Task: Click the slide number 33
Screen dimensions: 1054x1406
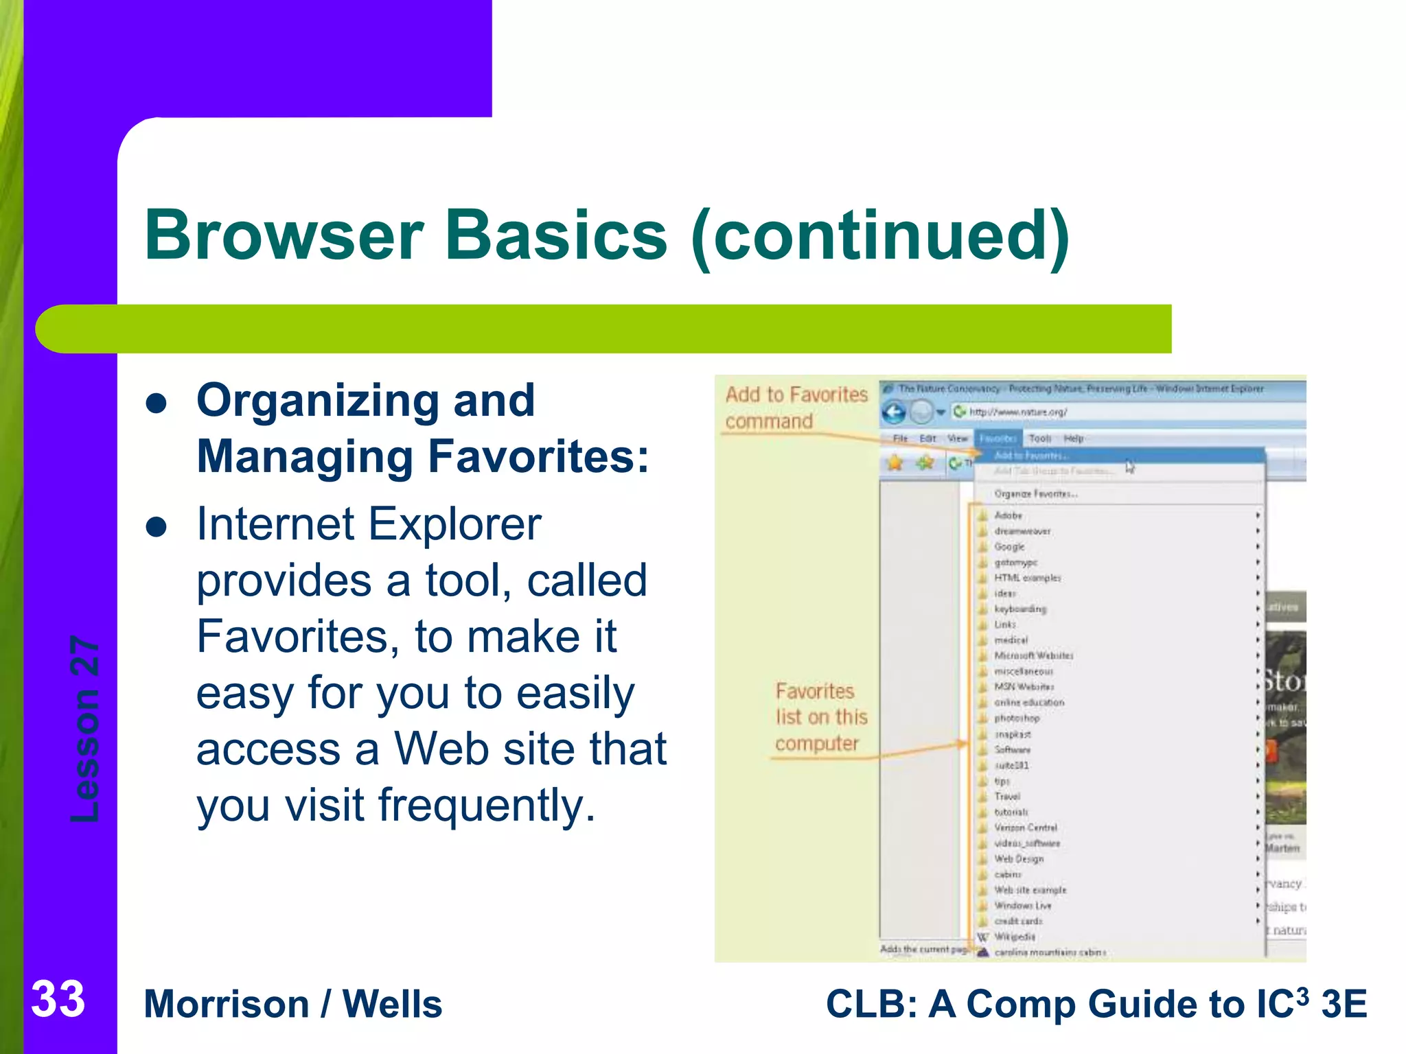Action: coord(58,999)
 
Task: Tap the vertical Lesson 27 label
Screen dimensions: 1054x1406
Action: coord(85,729)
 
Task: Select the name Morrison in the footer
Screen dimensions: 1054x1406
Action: coord(227,1005)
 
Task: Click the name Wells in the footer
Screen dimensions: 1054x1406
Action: coord(392,1005)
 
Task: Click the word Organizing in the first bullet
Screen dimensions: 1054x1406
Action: coord(317,400)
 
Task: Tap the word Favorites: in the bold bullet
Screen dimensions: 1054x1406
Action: coord(538,457)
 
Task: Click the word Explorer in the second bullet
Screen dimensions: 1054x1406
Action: coord(455,524)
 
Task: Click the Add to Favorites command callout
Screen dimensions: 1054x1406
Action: coord(796,408)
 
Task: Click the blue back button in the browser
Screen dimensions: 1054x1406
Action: coord(894,412)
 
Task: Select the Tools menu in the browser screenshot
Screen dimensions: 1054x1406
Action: coord(1039,438)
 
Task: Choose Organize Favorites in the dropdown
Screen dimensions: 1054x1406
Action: coord(1035,494)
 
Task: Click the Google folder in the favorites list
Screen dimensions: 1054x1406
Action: coord(1009,547)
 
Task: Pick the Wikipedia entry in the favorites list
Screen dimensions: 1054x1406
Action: coord(1014,937)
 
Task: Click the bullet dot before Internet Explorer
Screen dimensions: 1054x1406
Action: coord(157,527)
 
